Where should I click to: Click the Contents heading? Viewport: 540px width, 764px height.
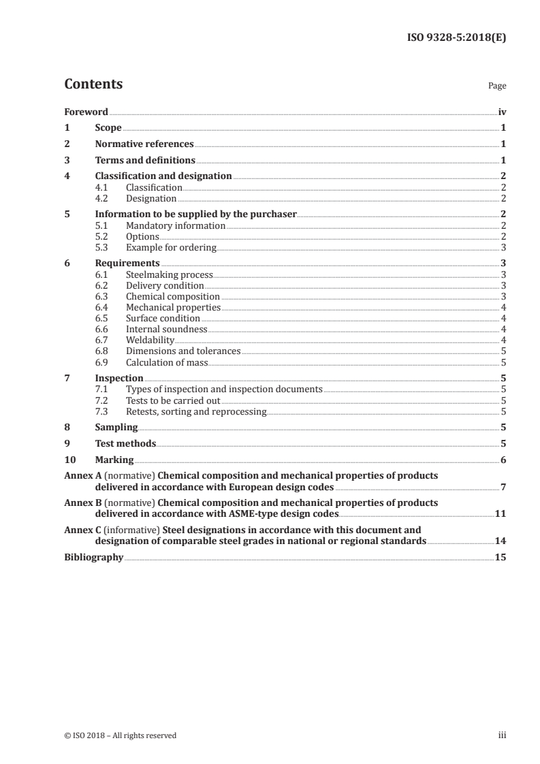point(93,84)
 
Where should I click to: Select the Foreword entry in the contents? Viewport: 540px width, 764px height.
point(86,112)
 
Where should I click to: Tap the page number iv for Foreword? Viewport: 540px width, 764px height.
point(501,112)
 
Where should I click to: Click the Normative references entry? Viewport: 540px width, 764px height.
point(144,144)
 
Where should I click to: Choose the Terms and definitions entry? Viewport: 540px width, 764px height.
point(145,161)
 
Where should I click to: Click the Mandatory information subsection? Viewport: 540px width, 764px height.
point(176,225)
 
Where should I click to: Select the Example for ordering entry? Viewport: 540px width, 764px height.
point(171,247)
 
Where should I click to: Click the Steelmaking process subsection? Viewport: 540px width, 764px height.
point(170,274)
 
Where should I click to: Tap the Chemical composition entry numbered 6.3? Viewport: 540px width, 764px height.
point(173,296)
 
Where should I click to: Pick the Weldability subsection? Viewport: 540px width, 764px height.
point(150,340)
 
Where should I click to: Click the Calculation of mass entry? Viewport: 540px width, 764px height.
point(167,362)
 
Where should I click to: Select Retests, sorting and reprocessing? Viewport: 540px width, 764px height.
point(196,411)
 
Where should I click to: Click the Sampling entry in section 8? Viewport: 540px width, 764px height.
point(116,428)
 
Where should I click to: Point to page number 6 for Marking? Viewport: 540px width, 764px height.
point(503,460)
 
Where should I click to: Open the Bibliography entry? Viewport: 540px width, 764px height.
point(93,557)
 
